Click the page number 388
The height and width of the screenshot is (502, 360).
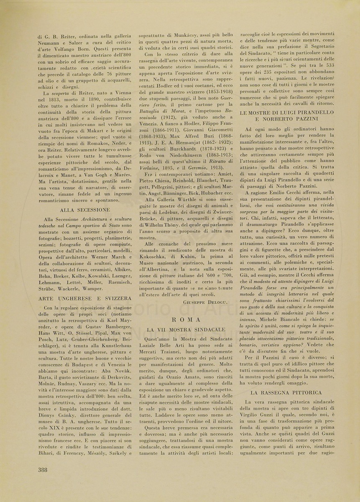(x=43, y=469)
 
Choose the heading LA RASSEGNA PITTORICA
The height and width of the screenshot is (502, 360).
(x=286, y=392)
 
